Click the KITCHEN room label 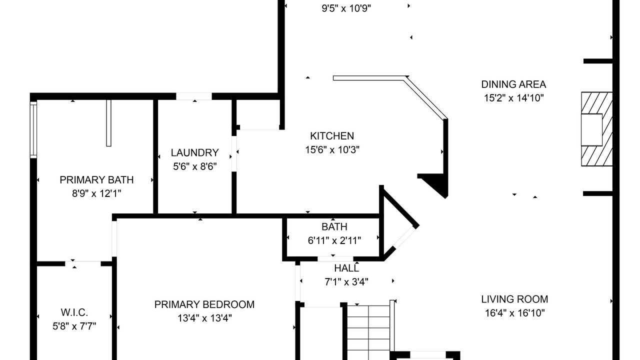(332, 135)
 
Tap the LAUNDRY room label (195, 152)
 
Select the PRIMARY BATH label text (96, 179)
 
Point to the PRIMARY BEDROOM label (204, 304)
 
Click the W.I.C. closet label (74, 312)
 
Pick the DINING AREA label (513, 84)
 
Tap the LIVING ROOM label (514, 299)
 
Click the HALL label (346, 268)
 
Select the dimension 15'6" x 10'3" (332, 149)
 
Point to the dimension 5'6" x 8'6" (195, 166)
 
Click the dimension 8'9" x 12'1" (96, 193)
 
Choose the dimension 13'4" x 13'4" (204, 318)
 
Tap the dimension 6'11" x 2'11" (334, 240)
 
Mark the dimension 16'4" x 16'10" (515, 313)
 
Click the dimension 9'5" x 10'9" (346, 8)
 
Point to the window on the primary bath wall (33, 130)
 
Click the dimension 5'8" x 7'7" (74, 326)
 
